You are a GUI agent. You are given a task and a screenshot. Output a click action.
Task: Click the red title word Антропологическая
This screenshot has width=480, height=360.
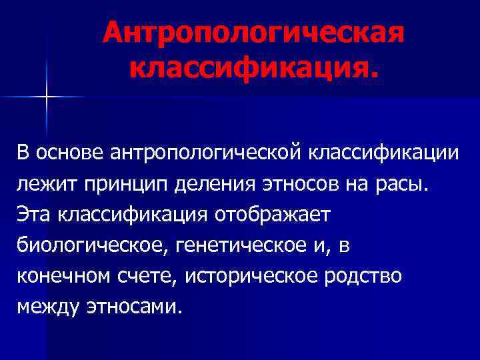coord(253,33)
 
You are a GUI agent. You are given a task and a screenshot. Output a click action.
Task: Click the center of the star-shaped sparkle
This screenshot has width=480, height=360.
coord(47,97)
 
